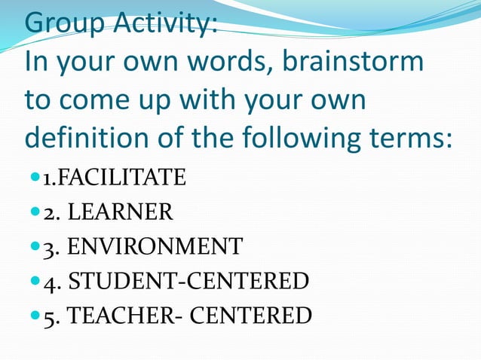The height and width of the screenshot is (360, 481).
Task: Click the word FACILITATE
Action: coord(122,178)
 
